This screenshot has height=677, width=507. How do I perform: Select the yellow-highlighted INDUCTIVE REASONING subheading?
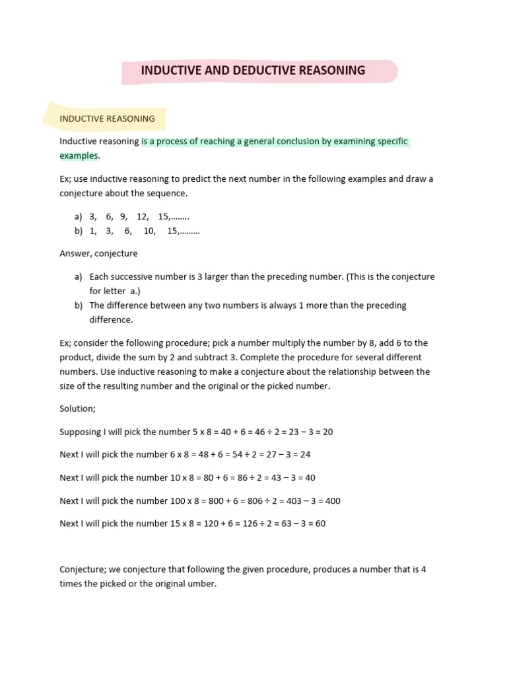pos(107,119)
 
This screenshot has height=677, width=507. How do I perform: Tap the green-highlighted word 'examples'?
pos(79,155)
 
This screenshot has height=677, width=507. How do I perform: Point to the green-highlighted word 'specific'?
pos(392,141)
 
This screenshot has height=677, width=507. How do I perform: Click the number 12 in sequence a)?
pos(143,216)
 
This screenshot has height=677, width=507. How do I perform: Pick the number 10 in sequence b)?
pos(149,231)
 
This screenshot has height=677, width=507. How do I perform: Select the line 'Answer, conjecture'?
pos(98,253)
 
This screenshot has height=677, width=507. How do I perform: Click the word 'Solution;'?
pos(77,409)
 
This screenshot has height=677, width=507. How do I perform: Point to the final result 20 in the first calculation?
pos(327,432)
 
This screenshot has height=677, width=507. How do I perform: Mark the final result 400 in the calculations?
pos(333,500)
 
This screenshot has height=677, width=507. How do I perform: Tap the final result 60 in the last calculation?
pos(320,524)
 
